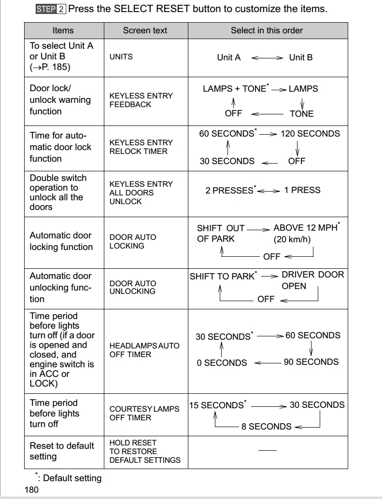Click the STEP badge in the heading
click(46, 9)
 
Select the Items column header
click(63, 30)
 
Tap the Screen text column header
click(145, 30)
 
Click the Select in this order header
click(267, 30)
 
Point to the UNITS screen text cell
click(121, 57)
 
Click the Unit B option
click(301, 57)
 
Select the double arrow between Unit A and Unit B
click(267, 58)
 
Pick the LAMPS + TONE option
click(235, 89)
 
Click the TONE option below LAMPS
click(301, 114)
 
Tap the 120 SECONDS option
click(310, 134)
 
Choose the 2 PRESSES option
click(229, 190)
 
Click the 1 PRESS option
click(302, 190)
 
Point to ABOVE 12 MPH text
click(306, 228)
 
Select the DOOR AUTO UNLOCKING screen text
click(133, 287)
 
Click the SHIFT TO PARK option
click(222, 277)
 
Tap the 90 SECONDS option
click(311, 362)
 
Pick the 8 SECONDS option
click(267, 427)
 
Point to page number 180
click(31, 490)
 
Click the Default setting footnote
click(71, 478)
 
